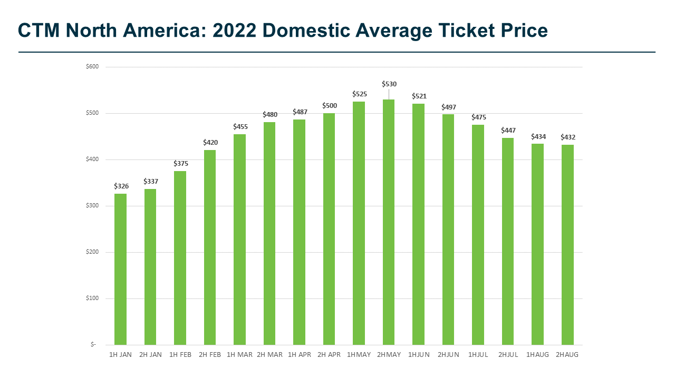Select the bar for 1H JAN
coord(120,269)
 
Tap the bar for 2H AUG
coord(567,245)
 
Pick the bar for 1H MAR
coord(239,240)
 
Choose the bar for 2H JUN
coord(448,230)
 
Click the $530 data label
coord(389,84)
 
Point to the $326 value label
coord(121,186)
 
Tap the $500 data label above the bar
coord(330,106)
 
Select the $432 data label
coord(568,137)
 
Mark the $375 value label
coord(180,164)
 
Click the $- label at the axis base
coord(94,345)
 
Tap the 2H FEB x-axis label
coord(210,355)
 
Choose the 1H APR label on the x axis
coord(299,355)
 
